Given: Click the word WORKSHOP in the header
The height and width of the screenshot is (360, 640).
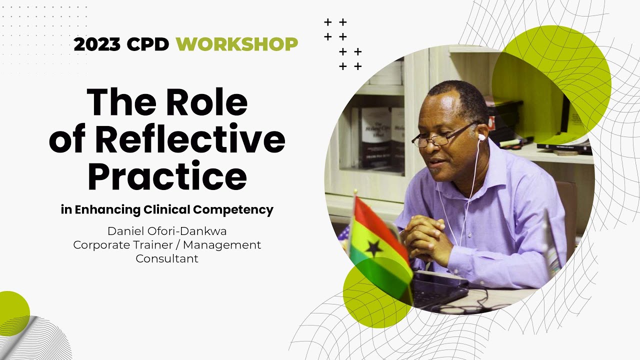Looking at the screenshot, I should (x=236, y=44).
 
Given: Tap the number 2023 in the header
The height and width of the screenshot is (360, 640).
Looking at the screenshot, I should (x=97, y=44).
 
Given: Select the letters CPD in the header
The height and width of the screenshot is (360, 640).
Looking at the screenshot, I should (x=148, y=44).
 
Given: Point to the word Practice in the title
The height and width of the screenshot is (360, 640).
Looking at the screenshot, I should (x=167, y=176).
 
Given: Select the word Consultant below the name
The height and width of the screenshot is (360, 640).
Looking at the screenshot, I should (x=167, y=258).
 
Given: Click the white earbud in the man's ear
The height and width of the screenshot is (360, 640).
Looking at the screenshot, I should (x=481, y=136).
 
